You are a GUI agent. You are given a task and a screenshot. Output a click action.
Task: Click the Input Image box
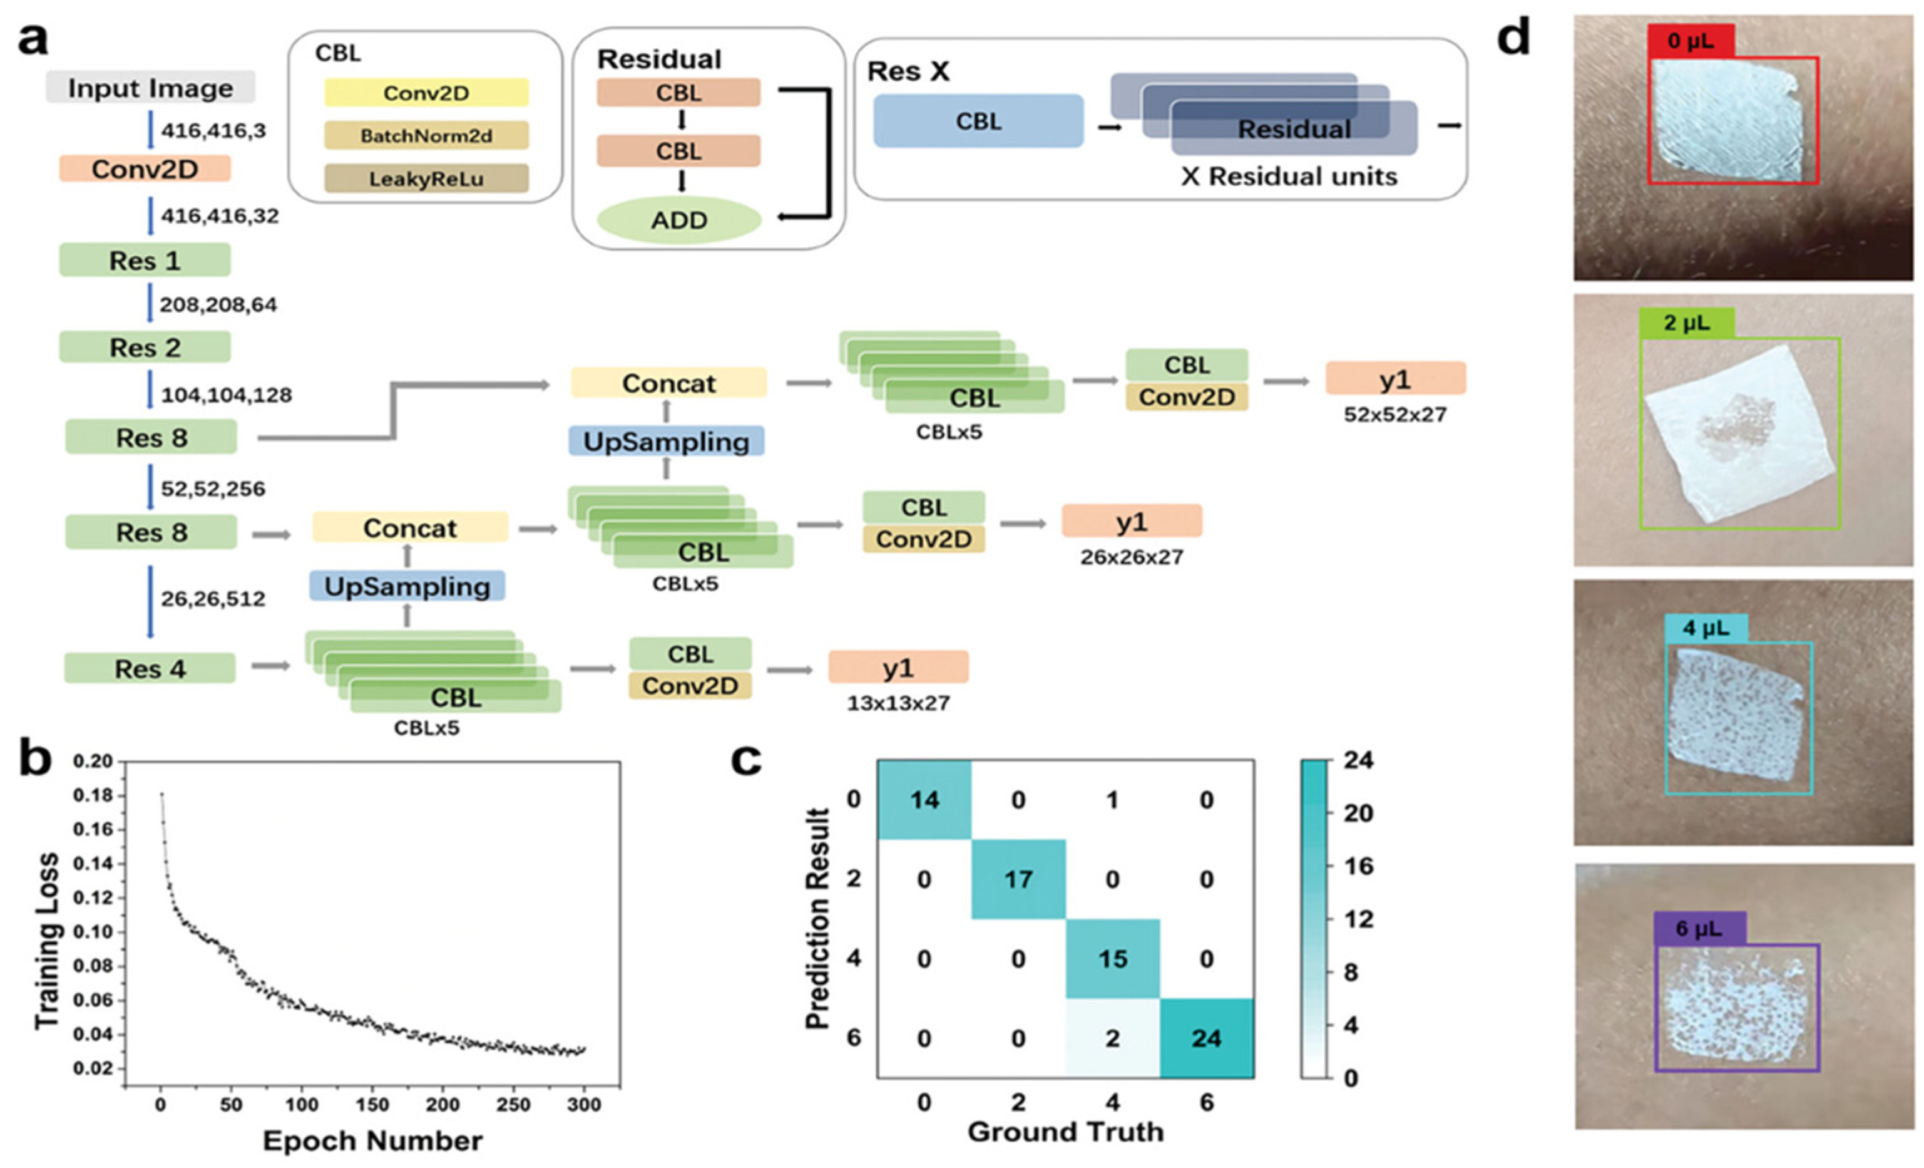[x=150, y=88]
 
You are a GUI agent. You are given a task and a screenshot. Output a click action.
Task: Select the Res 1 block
[x=145, y=260]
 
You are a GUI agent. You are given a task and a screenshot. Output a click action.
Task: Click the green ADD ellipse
[x=678, y=220]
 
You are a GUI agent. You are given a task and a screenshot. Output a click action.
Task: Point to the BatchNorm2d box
[x=426, y=136]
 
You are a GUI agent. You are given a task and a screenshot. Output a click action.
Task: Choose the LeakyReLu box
[x=426, y=179]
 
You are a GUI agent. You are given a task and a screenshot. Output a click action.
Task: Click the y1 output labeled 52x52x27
[x=1394, y=379]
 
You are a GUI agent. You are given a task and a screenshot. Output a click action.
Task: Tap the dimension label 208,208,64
[x=218, y=305]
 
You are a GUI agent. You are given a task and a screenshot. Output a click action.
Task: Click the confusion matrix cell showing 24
[x=1206, y=1038]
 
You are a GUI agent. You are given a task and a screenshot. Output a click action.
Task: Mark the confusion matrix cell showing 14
[x=924, y=800]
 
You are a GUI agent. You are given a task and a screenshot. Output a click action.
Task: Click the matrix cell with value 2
[x=1112, y=1038]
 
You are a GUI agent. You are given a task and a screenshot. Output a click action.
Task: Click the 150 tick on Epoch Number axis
[x=372, y=1105]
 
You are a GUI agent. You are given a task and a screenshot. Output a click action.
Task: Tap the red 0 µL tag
[x=1691, y=40]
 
